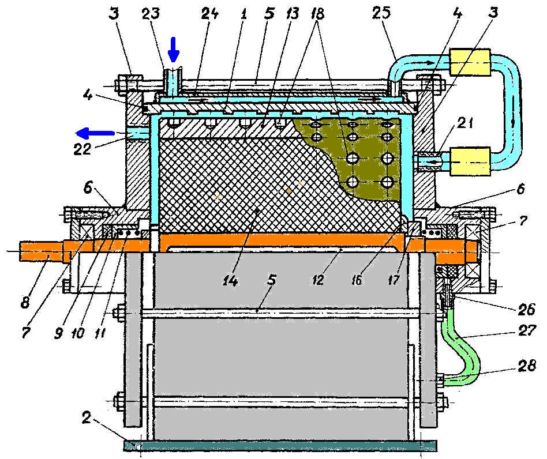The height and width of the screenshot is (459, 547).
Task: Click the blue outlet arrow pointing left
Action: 92,134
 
